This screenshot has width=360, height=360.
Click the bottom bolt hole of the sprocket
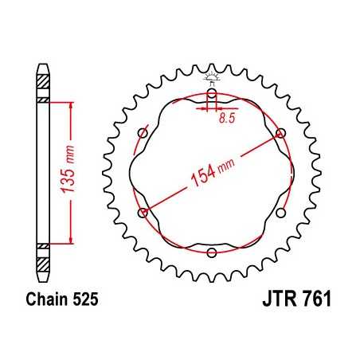[x=212, y=252]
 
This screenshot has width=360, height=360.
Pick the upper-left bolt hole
[x=143, y=133]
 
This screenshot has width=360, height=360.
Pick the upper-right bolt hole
[x=280, y=133]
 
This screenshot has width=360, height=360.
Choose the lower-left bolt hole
[x=143, y=213]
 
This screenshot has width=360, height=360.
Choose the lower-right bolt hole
[x=280, y=213]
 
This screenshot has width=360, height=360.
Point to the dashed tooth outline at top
[x=212, y=76]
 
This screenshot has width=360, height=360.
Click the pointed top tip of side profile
[x=42, y=62]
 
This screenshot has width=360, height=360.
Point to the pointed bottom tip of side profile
[x=42, y=282]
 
